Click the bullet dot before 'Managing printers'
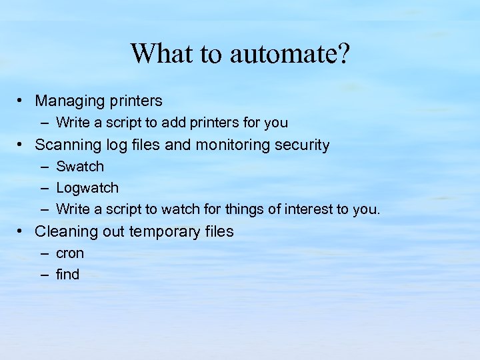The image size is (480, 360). tap(22, 101)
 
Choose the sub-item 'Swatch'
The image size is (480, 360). tap(80, 167)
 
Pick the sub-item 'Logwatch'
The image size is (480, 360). tap(87, 188)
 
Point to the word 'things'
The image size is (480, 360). tap(245, 209)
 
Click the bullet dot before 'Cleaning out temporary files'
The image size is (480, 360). tap(22, 231)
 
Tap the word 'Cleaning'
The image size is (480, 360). tap(64, 232)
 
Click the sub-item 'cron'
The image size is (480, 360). tap(70, 253)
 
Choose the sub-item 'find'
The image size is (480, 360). tap(67, 275)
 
